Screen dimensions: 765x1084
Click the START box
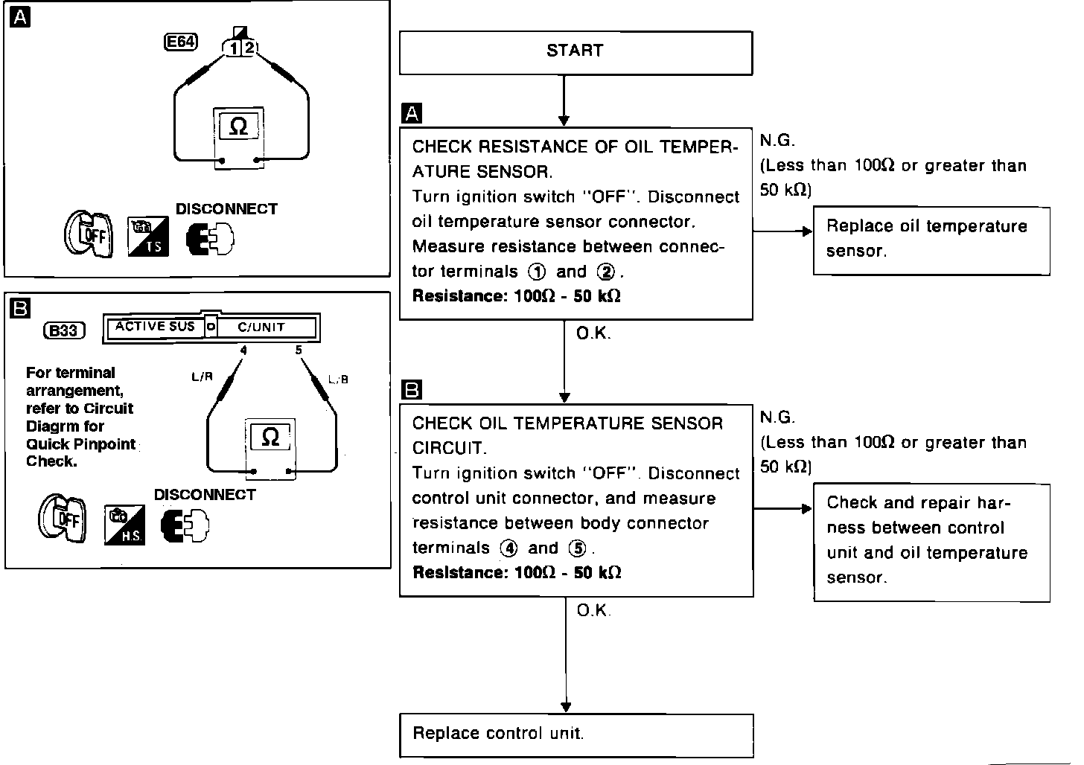575,52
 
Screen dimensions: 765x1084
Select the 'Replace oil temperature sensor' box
931,240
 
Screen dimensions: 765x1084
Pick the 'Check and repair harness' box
931,541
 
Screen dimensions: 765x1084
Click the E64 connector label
180,42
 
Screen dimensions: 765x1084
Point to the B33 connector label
64,330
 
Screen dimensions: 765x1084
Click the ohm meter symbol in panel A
238,127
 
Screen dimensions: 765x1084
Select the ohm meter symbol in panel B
270,437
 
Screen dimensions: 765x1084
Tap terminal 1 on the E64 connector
234,48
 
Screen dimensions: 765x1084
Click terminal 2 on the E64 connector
249,48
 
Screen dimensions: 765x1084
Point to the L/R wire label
202,377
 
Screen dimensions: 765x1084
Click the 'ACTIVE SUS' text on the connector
155,327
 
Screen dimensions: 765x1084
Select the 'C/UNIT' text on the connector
261,327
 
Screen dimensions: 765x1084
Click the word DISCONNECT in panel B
205,495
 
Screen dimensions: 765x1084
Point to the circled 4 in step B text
508,549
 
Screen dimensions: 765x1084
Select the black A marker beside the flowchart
411,114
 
